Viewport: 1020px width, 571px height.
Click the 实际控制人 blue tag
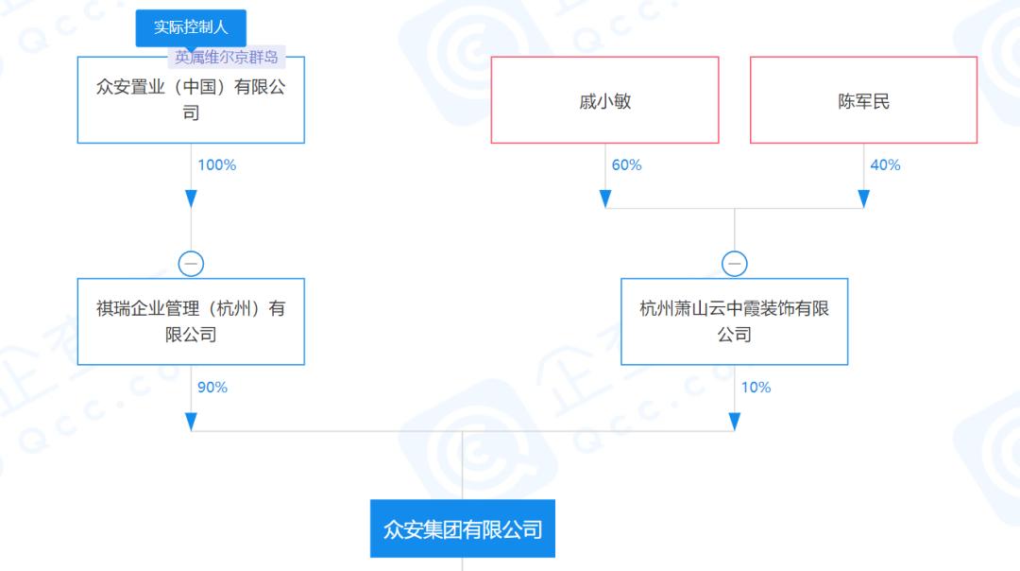tap(191, 27)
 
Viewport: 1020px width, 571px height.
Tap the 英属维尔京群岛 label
tap(227, 58)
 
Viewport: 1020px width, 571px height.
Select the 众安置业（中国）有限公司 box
tap(191, 99)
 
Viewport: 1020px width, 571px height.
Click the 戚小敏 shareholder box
tap(605, 99)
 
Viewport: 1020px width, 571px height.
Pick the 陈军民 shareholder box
tap(864, 99)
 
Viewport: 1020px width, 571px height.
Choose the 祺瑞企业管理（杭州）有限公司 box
tap(191, 321)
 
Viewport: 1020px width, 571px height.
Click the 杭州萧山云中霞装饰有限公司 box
tap(735, 321)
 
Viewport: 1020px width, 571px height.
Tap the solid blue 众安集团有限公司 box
tap(463, 528)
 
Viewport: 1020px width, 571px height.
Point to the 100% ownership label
tap(216, 164)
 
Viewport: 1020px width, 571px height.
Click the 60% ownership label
tap(626, 164)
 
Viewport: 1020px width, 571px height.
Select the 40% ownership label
tap(885, 164)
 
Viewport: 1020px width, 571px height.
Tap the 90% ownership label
tap(212, 388)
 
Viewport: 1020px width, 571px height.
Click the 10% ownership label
tap(756, 388)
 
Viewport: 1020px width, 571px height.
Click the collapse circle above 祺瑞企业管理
tap(191, 264)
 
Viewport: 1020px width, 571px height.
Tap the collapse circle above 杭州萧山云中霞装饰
tap(735, 264)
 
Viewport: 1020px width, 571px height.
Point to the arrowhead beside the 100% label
tap(191, 199)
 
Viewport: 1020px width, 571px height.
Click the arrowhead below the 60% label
tap(605, 199)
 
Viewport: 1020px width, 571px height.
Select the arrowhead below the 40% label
tap(864, 199)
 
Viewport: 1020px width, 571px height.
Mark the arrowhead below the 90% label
tap(191, 422)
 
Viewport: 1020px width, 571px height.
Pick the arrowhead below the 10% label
tap(735, 422)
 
